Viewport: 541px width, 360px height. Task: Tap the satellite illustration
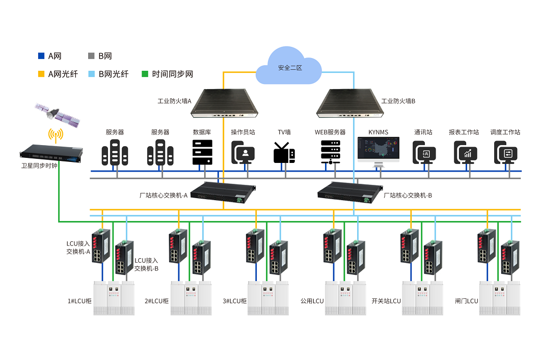[57, 116]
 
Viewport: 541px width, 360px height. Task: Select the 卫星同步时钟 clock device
[51, 152]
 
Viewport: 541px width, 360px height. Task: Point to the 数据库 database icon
[202, 152]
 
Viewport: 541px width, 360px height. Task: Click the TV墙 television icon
[284, 152]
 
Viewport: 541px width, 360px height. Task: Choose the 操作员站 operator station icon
[243, 152]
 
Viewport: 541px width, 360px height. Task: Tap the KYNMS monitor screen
[378, 150]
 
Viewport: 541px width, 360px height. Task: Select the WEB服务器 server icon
[330, 152]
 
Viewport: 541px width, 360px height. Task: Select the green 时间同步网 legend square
[144, 74]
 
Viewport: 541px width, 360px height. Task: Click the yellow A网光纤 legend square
[41, 74]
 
